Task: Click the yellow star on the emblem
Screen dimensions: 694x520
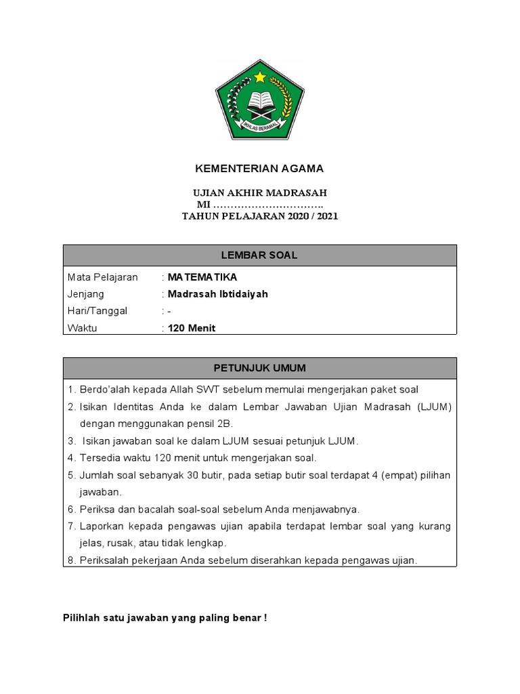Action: coord(260,77)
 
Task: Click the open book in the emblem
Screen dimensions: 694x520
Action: coord(260,102)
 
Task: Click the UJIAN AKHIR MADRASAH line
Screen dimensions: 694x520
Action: coord(260,193)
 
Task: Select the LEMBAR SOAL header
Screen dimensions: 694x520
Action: coord(260,256)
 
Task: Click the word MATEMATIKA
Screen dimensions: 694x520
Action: coord(202,277)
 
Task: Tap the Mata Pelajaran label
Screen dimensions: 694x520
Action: coord(102,277)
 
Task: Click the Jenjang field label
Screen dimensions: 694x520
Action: coord(86,294)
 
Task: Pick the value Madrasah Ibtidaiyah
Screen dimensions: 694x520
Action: coord(218,294)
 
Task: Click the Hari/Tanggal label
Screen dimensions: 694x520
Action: coord(97,311)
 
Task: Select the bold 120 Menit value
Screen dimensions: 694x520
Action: coord(192,328)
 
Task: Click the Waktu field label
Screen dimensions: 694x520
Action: coord(83,328)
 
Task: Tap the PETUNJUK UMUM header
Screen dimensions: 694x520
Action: coord(260,368)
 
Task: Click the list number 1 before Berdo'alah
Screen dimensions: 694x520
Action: coord(70,389)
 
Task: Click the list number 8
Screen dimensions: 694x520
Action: coord(70,560)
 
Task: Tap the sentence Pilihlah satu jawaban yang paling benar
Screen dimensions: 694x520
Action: coord(165,617)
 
